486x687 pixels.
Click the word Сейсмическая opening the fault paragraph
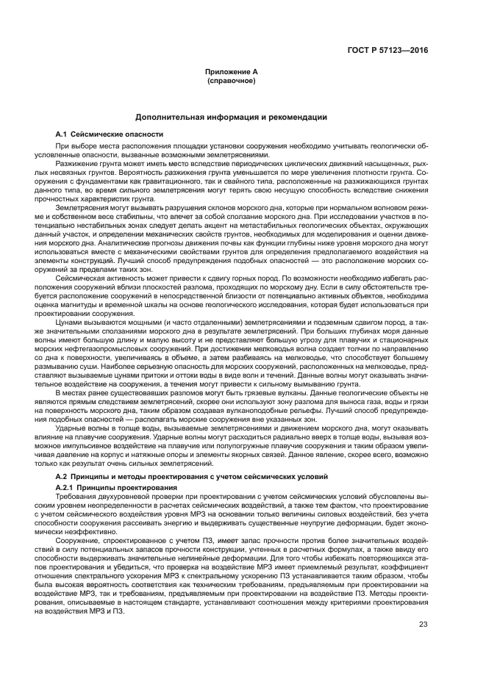coord(93,279)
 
